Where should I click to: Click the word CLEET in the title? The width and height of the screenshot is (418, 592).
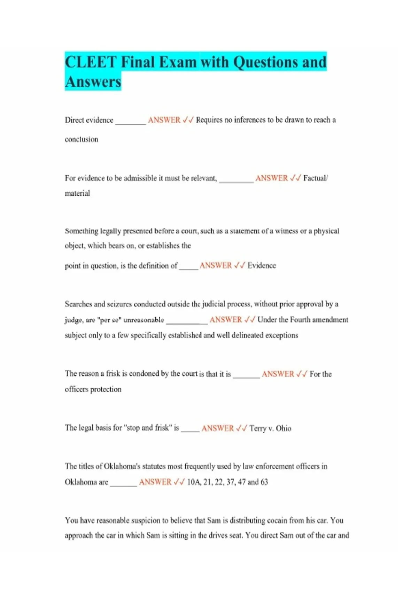(91, 62)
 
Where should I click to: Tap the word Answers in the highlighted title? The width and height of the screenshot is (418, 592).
(93, 82)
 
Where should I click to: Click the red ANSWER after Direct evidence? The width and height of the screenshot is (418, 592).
(164, 120)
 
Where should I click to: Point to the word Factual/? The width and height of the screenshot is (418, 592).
(316, 178)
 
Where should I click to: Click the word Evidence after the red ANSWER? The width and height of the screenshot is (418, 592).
(262, 265)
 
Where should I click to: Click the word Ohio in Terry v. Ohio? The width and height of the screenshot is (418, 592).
(284, 428)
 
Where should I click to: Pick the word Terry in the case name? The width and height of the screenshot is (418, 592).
(257, 428)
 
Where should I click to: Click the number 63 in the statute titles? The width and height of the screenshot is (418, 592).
(264, 482)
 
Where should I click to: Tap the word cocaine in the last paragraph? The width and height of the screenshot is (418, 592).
(277, 521)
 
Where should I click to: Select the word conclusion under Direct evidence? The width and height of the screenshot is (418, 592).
(82, 140)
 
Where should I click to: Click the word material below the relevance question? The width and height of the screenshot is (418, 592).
(77, 194)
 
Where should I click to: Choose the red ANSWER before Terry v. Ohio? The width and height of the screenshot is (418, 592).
(217, 428)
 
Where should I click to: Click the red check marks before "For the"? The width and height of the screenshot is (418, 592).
(302, 374)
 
